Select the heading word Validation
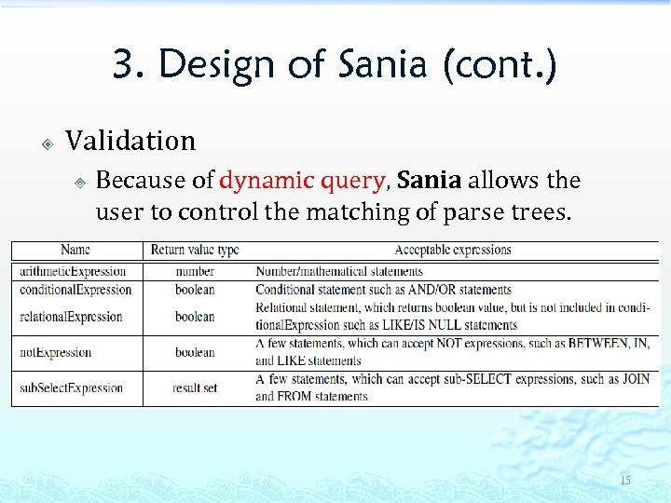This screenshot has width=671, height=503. (130, 142)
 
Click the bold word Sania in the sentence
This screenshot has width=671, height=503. (430, 180)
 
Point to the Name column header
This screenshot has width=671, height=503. (75, 250)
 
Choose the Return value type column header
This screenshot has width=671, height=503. (195, 250)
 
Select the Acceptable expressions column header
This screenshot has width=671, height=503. (453, 250)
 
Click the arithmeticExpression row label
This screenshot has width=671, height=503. (73, 271)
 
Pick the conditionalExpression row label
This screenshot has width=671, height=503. (75, 290)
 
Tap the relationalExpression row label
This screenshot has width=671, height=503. (71, 317)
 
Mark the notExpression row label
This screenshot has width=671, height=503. (55, 352)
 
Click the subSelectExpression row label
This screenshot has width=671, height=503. (71, 387)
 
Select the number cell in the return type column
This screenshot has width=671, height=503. (195, 271)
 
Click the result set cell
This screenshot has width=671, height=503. (195, 387)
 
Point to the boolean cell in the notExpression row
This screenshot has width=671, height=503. (195, 352)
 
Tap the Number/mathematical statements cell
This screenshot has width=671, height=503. (339, 271)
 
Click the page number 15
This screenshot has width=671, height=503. (624, 481)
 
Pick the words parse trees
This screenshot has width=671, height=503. (525, 212)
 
